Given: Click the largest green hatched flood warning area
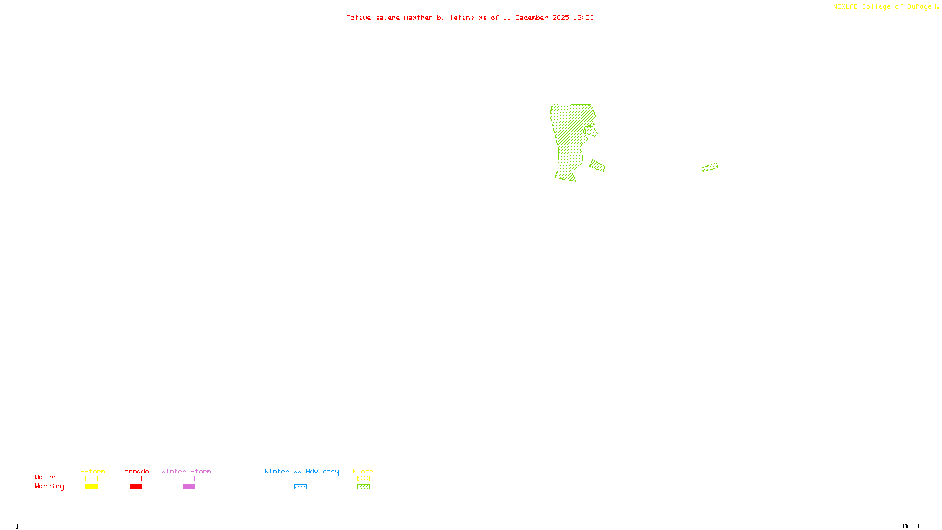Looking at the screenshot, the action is pos(569,141).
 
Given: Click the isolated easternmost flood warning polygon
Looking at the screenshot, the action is pos(709,167).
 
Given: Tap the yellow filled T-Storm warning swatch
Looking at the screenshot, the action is pos(91,487).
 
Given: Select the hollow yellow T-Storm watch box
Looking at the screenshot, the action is pos(91,479).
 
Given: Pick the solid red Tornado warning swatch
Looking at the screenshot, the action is pos(135,487).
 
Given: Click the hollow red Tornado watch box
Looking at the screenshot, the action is pos(135,479).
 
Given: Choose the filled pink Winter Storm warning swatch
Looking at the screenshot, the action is pos(188,487).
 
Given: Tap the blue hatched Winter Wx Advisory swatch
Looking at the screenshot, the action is pos(300,487).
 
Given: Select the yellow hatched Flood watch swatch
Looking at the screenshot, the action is pos(363,479).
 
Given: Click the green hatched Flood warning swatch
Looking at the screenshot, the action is pos(363,487).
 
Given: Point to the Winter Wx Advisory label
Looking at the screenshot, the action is pos(301,471).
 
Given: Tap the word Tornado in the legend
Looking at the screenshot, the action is pos(135,471).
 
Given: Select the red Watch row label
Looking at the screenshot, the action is pos(45,477).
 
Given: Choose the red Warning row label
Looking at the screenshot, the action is pos(49,486).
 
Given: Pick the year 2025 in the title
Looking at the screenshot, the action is pos(560,18).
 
